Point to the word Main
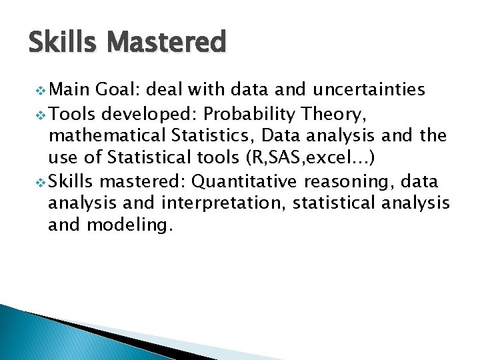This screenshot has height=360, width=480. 71,89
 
